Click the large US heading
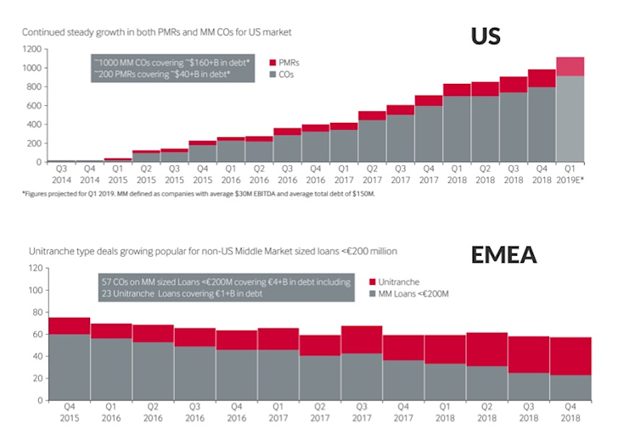[486, 36]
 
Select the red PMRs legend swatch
[272, 63]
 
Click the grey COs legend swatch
[272, 75]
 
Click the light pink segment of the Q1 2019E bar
[570, 67]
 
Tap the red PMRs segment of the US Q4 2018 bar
[541, 78]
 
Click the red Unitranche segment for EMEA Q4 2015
[69, 325]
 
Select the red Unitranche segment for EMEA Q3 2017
[362, 339]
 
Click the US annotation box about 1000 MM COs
[172, 69]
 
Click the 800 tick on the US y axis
[33, 86]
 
